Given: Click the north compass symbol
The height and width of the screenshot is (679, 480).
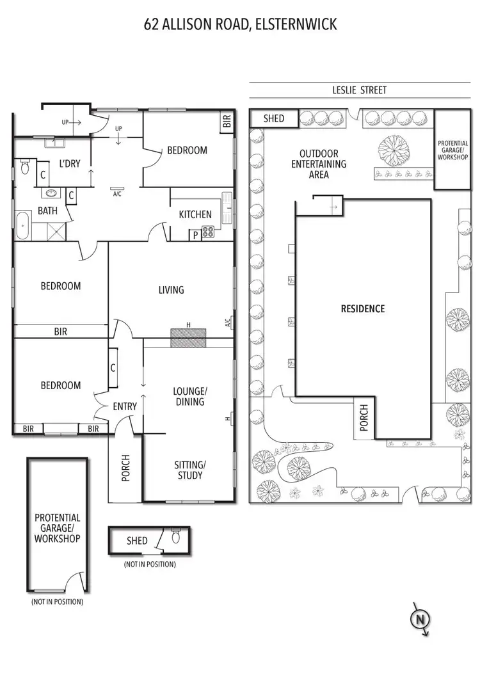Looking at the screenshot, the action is [x=420, y=619].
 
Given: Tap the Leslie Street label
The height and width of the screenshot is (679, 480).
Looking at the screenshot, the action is [x=358, y=90].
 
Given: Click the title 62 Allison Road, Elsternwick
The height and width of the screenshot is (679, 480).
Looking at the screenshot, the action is [x=240, y=25].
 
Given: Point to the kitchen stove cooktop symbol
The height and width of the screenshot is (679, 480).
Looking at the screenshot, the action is [x=207, y=233].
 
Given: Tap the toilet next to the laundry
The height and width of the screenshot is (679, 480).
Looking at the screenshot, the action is [x=24, y=168].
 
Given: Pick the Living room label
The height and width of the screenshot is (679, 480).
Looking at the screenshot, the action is [x=171, y=290].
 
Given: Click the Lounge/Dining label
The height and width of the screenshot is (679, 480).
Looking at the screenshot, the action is [x=189, y=396].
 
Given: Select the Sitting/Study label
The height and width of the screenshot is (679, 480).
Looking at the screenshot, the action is [x=189, y=470].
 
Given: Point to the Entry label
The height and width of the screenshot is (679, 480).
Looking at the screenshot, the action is [x=125, y=406].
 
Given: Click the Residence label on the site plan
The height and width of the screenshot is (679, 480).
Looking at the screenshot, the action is [x=363, y=308].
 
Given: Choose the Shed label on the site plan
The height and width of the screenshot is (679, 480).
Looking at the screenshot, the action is [x=273, y=118].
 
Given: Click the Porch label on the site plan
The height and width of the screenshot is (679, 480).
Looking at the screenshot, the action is [x=364, y=417].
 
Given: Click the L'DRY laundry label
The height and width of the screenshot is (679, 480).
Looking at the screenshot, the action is [x=69, y=164].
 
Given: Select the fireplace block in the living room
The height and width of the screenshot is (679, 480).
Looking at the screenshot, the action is [x=188, y=337].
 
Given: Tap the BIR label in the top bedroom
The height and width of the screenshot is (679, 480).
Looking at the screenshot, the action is [x=227, y=121].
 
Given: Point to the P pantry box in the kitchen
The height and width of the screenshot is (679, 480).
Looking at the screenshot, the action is [x=195, y=235].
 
